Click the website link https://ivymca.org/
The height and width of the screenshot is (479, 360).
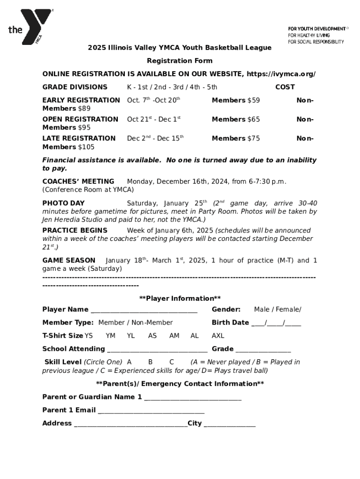(281, 74)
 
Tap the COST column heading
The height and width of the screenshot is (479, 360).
(285, 87)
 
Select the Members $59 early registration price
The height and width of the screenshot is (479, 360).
(236, 100)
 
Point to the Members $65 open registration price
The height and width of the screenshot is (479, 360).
(236, 119)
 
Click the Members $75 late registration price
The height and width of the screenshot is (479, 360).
(236, 138)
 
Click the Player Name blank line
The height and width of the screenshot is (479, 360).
(144, 310)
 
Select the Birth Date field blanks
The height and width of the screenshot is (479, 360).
(276, 323)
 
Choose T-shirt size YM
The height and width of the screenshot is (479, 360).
(110, 336)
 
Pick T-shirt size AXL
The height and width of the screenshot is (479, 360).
(218, 336)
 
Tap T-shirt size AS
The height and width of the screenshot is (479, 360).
(152, 336)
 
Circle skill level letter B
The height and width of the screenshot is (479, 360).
(151, 362)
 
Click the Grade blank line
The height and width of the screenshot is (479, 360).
(263, 349)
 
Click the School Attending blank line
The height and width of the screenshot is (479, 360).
(157, 349)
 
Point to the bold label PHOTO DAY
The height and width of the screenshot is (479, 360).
(64, 203)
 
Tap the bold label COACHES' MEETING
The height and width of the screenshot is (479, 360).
(78, 181)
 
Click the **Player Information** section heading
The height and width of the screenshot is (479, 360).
(180, 298)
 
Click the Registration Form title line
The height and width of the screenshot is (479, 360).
(180, 61)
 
